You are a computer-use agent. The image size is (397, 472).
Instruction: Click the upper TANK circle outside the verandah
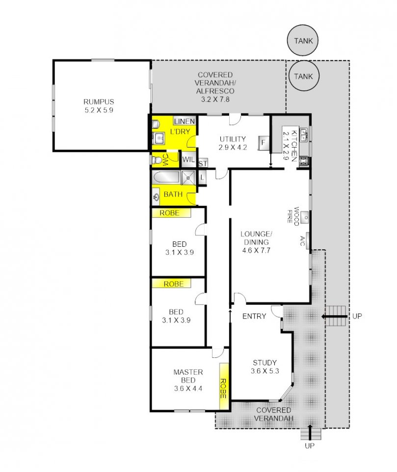303,41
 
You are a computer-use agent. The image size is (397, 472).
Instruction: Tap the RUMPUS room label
99,101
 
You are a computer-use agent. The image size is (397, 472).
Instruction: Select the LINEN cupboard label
184,121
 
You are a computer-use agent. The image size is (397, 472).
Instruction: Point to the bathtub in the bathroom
166,177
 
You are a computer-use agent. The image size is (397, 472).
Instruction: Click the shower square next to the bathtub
188,177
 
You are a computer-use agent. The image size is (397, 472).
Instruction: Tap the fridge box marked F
264,143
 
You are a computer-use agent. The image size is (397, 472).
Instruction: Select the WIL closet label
188,159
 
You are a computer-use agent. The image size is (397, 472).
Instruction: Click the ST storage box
203,163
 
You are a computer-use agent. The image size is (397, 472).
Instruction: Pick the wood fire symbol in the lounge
305,217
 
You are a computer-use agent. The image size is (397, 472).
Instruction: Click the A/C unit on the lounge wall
308,241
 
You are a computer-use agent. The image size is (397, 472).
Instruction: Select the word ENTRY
254,316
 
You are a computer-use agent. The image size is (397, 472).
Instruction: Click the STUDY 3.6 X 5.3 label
265,367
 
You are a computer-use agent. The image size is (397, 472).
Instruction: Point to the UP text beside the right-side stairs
357,316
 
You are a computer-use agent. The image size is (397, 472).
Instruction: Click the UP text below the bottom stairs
310,445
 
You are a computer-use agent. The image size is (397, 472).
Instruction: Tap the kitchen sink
304,135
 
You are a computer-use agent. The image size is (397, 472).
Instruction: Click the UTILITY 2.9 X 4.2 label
233,143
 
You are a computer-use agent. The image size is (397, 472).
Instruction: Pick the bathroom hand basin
156,198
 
